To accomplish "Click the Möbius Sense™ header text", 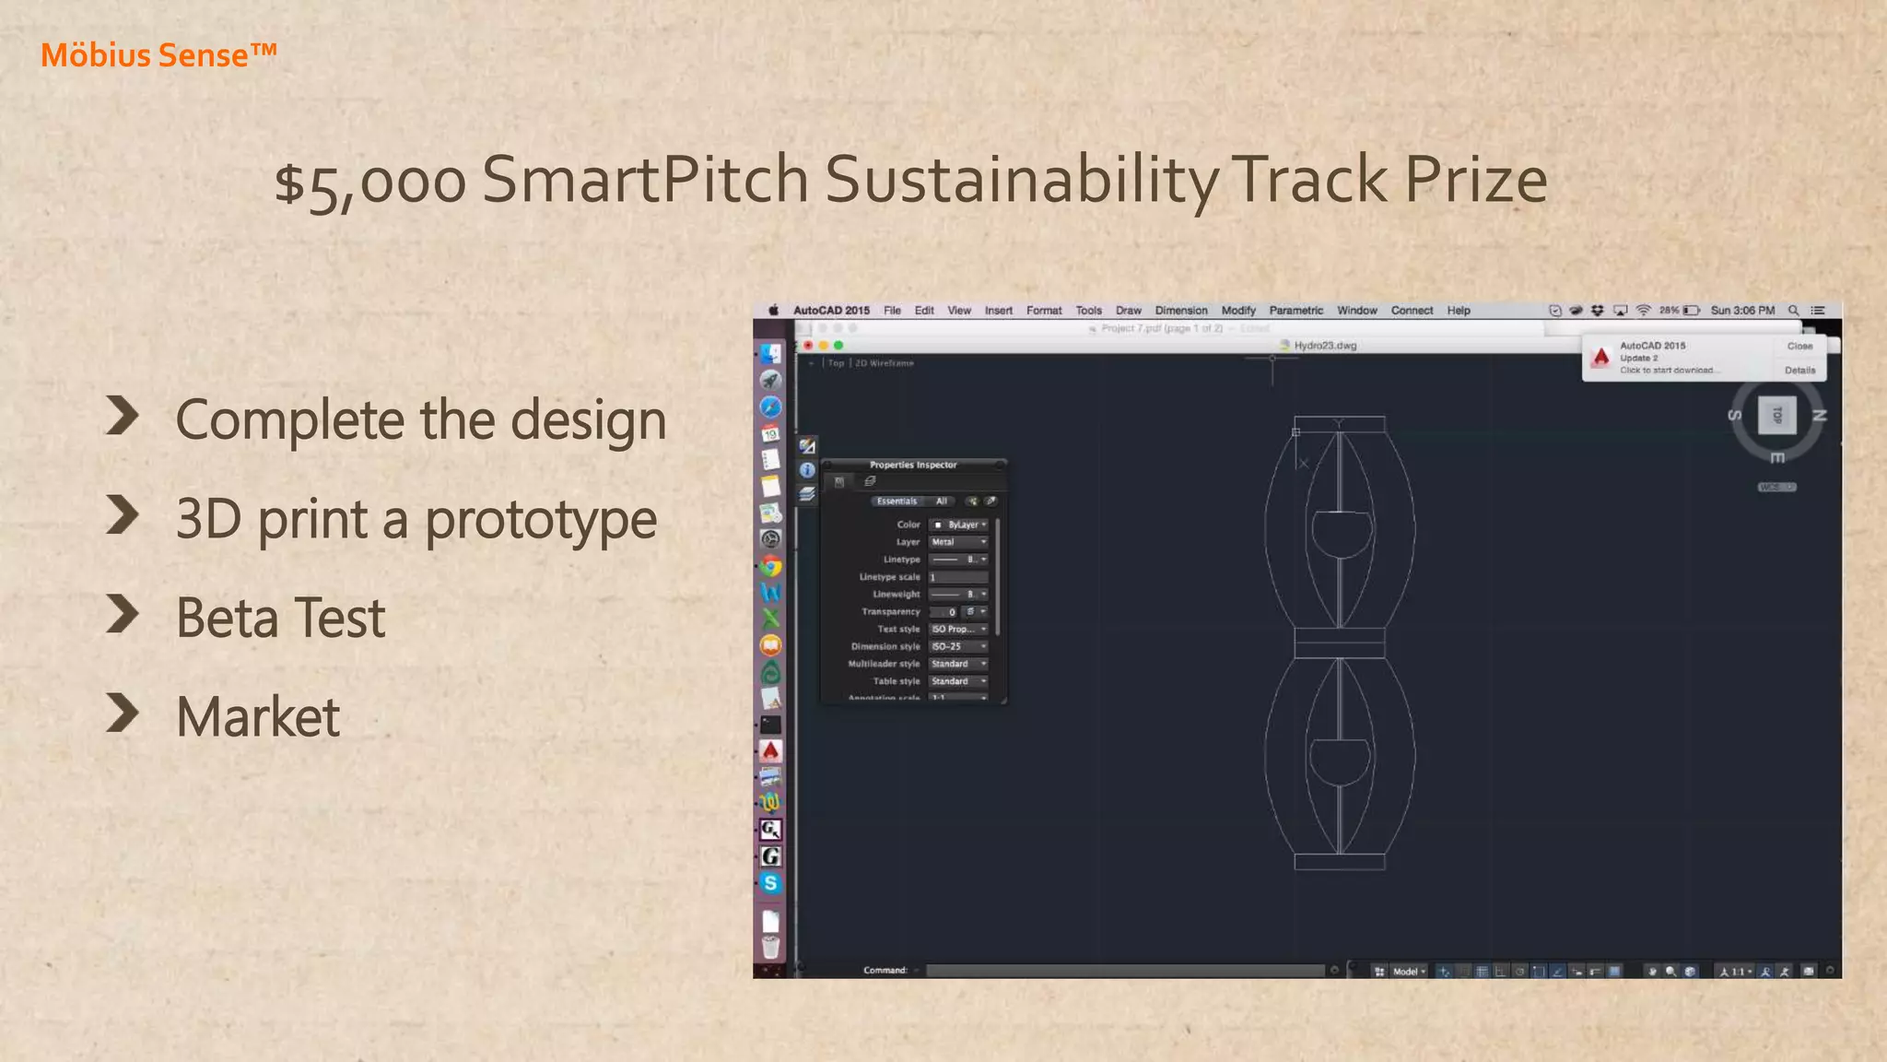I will (x=158, y=55).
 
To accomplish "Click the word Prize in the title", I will (x=1474, y=180).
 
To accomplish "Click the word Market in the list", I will (x=258, y=717).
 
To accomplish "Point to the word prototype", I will (x=540, y=520).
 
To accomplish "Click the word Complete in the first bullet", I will (x=289, y=421).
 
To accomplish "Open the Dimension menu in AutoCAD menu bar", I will (x=1180, y=311).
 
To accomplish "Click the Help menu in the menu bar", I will (x=1458, y=311).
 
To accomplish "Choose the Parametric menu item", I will (x=1295, y=311).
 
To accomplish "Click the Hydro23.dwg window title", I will (x=1325, y=346).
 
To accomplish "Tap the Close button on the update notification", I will (x=1799, y=347).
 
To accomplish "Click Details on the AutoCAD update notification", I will (x=1799, y=371).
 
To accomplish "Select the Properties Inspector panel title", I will (x=912, y=465).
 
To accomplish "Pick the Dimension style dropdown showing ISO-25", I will (x=958, y=646).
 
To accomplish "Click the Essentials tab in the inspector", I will (x=897, y=501).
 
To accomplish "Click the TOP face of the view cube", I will (x=1777, y=415).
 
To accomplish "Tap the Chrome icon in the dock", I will (x=771, y=567).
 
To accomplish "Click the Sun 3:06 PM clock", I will (x=1742, y=311).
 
